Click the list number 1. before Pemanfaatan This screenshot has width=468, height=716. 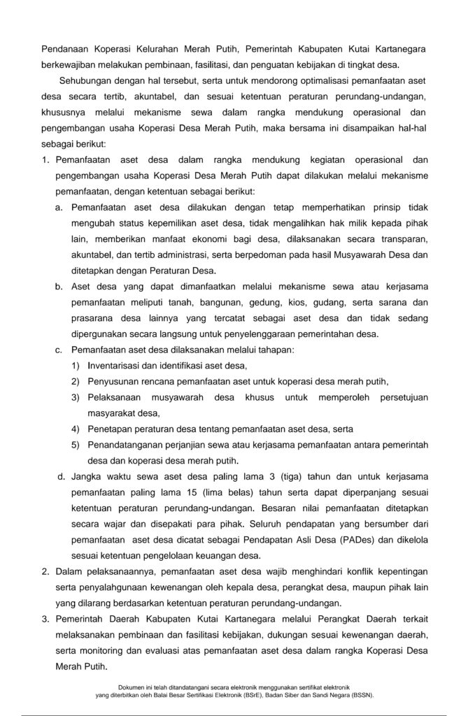pyautogui.click(x=45, y=160)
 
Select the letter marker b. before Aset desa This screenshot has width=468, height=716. pyautogui.click(x=59, y=287)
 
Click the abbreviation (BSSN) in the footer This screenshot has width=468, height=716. pyautogui.click(x=360, y=696)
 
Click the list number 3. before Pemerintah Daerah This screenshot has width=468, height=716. pyautogui.click(x=45, y=619)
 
